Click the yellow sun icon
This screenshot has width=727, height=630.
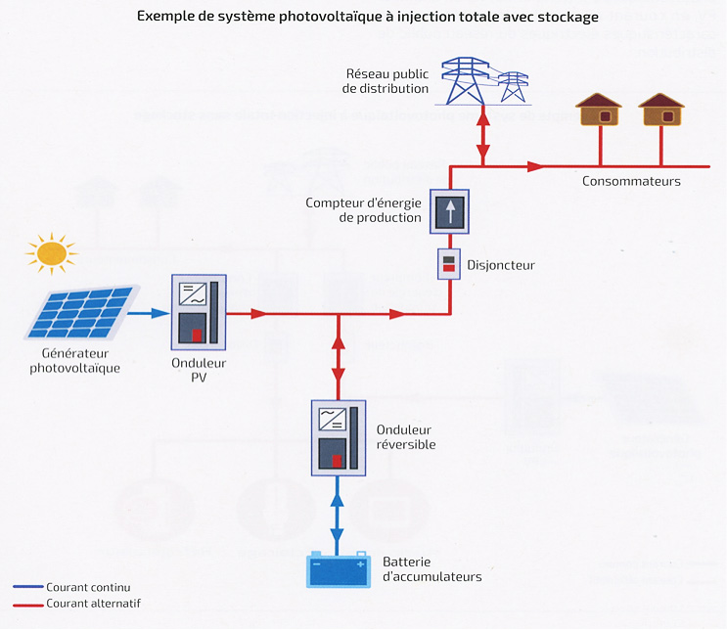coord(51,254)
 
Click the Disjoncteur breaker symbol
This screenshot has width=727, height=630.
coord(448,263)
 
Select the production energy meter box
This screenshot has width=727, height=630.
coord(449,212)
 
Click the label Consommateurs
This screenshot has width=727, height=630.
coord(631,181)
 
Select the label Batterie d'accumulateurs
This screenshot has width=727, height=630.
coord(432,569)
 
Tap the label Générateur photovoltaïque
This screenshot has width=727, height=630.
coord(80,361)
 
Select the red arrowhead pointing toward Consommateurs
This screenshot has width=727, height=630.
coord(535,166)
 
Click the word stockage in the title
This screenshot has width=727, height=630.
coord(567,18)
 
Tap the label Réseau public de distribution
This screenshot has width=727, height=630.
coord(386,81)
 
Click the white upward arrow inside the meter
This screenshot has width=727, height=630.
coord(449,212)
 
